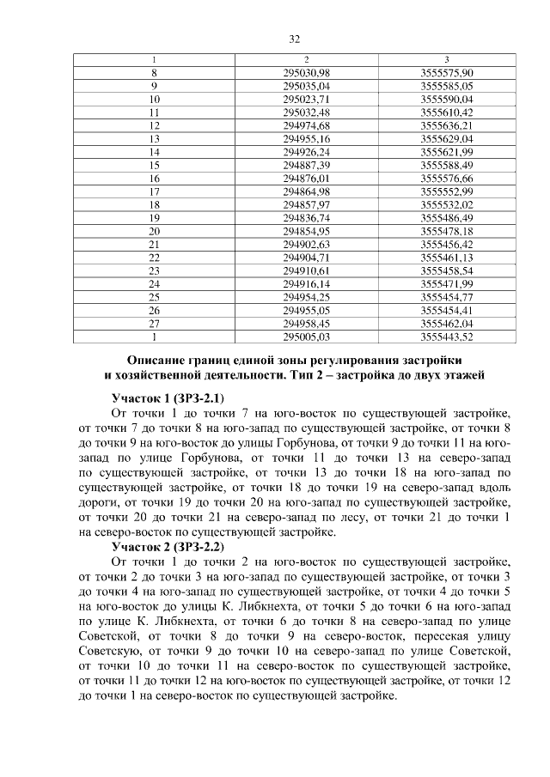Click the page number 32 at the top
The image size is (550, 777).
click(293, 39)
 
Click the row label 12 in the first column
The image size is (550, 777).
click(155, 125)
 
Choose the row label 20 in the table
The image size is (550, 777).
click(155, 231)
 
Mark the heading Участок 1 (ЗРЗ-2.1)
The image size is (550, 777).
click(168, 398)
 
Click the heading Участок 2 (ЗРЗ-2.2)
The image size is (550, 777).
click(168, 546)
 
